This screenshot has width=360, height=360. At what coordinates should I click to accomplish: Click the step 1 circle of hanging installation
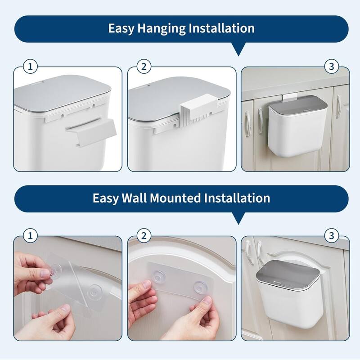(30, 67)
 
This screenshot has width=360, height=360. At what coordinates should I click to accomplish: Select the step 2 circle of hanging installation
(144, 67)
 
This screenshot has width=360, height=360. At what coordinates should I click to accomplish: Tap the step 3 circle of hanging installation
(331, 67)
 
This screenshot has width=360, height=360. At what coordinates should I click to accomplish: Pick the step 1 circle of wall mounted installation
(30, 236)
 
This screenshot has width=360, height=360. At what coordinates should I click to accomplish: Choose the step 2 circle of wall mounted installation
(144, 236)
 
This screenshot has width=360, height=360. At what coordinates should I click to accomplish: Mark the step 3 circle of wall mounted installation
(331, 236)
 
